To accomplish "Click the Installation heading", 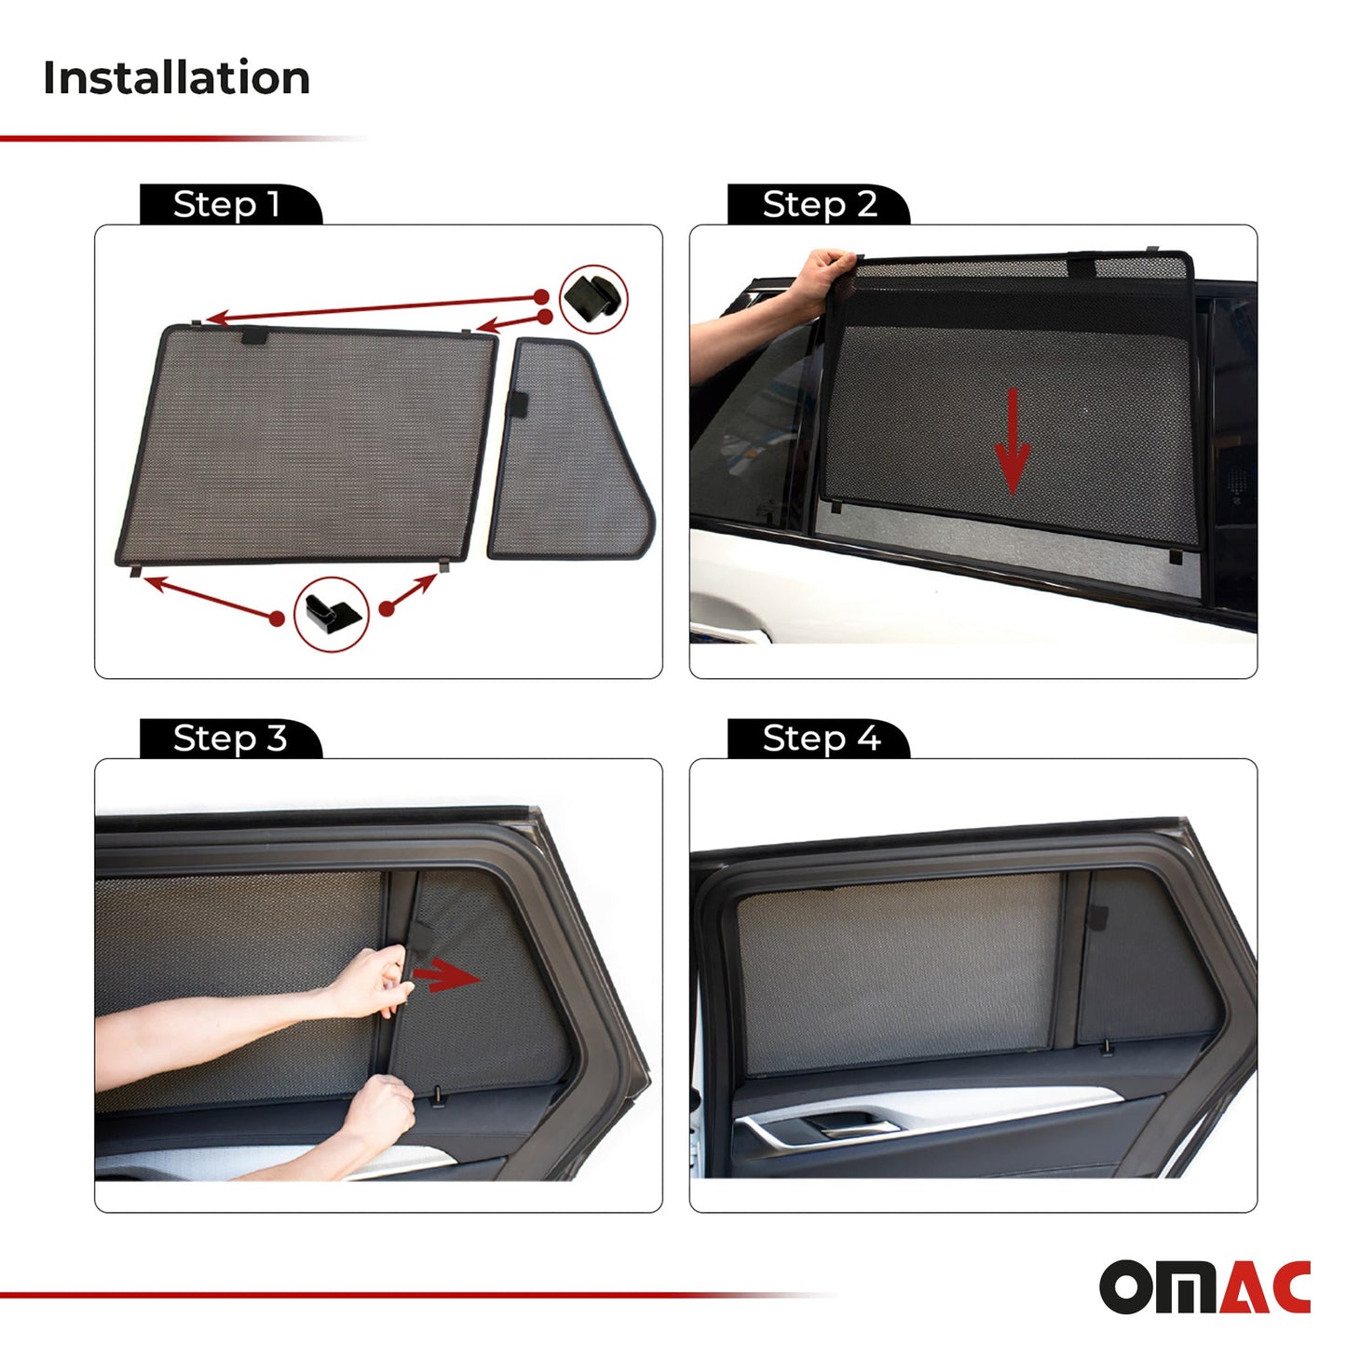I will (176, 77).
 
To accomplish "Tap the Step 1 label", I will (226, 204).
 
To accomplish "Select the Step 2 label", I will (819, 204).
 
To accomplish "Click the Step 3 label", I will (229, 739).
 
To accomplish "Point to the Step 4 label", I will (821, 739).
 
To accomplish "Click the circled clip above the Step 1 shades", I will (593, 298).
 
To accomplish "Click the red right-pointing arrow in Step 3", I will (445, 976).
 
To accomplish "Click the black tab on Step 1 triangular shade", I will (517, 404).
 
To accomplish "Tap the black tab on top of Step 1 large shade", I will (254, 335).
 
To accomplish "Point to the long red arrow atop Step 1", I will (373, 308).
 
